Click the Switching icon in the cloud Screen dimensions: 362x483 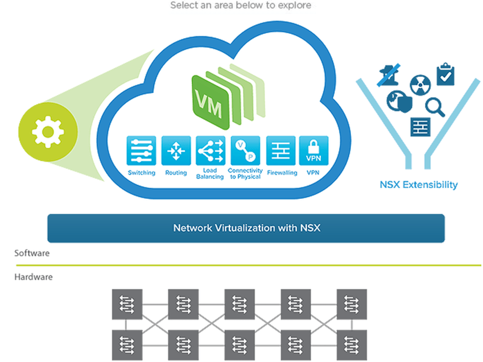click(141, 151)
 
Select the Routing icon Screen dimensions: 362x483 click(176, 151)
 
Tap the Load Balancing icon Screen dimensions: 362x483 click(211, 151)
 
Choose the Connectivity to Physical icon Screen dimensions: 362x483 click(245, 151)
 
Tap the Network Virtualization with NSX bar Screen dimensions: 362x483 click(246, 228)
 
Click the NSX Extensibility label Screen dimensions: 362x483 click(418, 185)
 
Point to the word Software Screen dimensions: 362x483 click(32, 253)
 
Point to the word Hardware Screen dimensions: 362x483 click(33, 277)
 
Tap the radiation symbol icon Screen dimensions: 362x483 click(420, 85)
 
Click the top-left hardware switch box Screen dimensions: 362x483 click(127, 304)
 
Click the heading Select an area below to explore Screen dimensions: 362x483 click(241, 5)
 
